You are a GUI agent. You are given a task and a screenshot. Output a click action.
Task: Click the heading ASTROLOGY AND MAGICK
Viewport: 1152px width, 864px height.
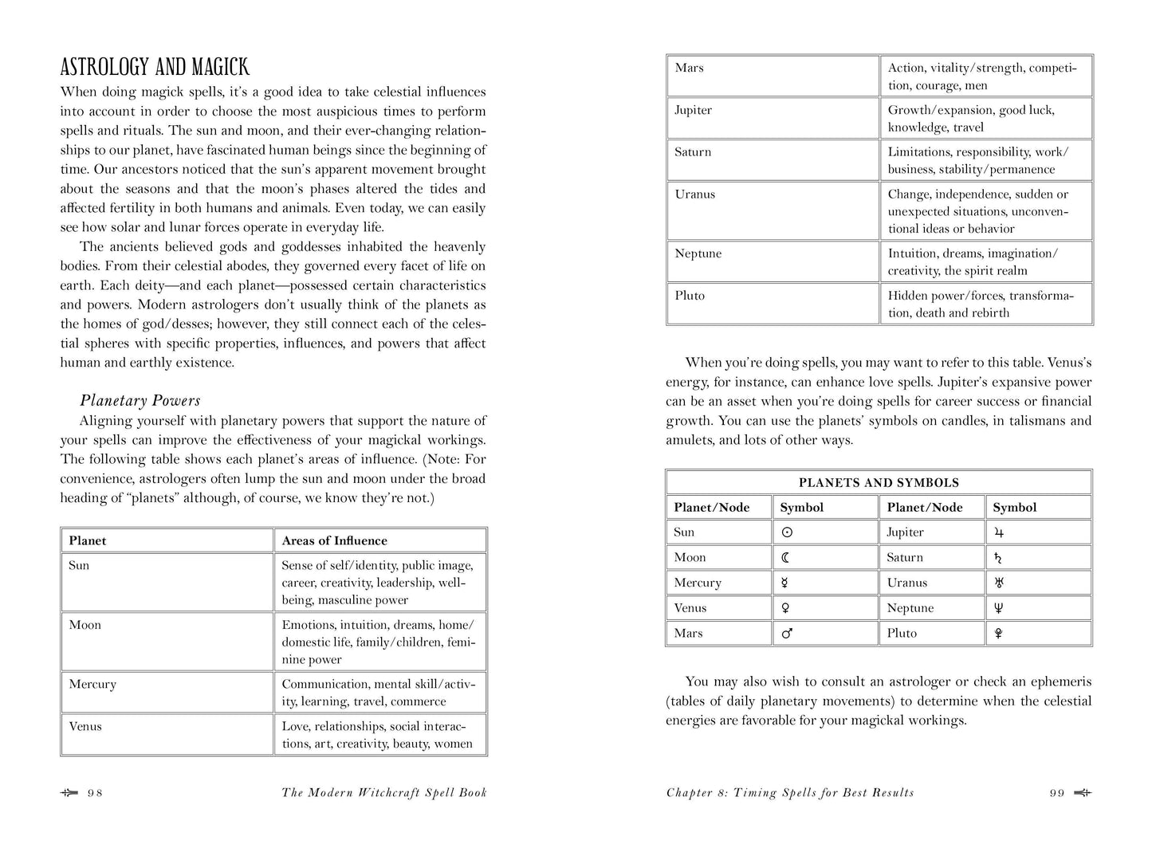coord(155,67)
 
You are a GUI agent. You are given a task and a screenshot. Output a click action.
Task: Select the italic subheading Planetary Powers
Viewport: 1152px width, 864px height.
coord(140,401)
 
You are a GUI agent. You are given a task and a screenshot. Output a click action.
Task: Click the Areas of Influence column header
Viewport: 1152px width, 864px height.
coord(334,540)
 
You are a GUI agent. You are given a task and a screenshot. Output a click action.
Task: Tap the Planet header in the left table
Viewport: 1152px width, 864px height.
coord(88,540)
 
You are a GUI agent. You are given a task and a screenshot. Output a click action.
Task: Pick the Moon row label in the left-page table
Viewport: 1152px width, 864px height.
coord(85,625)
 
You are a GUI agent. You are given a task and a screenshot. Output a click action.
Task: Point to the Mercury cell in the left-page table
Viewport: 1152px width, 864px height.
coord(92,685)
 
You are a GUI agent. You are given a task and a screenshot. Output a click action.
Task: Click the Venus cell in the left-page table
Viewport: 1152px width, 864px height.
coord(85,726)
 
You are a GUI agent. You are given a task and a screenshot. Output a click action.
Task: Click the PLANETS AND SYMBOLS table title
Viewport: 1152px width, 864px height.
coord(879,483)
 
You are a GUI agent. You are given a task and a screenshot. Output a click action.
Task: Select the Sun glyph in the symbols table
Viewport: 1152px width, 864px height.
coord(787,532)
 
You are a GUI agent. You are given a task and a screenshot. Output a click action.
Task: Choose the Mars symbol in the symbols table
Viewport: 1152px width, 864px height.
coord(786,634)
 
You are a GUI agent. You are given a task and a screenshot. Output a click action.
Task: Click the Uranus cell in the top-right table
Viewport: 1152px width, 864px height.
coord(694,194)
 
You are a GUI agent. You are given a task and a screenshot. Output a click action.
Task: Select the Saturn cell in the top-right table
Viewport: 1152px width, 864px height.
coord(692,152)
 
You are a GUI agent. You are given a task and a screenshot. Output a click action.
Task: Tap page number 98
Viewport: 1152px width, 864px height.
coord(96,793)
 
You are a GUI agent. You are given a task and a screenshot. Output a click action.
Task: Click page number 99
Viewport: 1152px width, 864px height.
coord(1057,793)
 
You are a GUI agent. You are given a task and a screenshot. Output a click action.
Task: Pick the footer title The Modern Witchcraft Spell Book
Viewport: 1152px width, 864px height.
coord(384,793)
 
